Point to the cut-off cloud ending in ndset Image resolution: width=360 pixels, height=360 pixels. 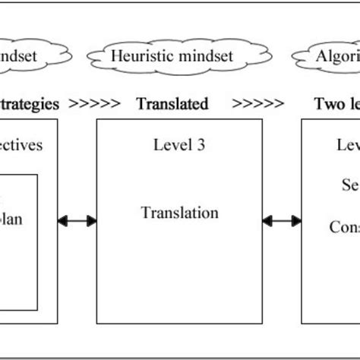[29, 55]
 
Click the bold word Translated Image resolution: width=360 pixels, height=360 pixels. [172, 104]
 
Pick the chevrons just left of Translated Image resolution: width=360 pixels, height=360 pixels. [95, 104]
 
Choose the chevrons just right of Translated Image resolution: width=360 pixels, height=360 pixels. [259, 104]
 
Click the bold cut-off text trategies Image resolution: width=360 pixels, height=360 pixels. [29, 104]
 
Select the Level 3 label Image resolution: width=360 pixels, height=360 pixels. [179, 144]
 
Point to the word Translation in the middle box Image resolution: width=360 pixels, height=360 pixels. [179, 213]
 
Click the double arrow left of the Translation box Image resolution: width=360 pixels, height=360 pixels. [77, 221]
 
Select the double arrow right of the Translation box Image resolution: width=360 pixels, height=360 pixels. [282, 221]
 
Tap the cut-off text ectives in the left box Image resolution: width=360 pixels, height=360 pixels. [22, 145]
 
